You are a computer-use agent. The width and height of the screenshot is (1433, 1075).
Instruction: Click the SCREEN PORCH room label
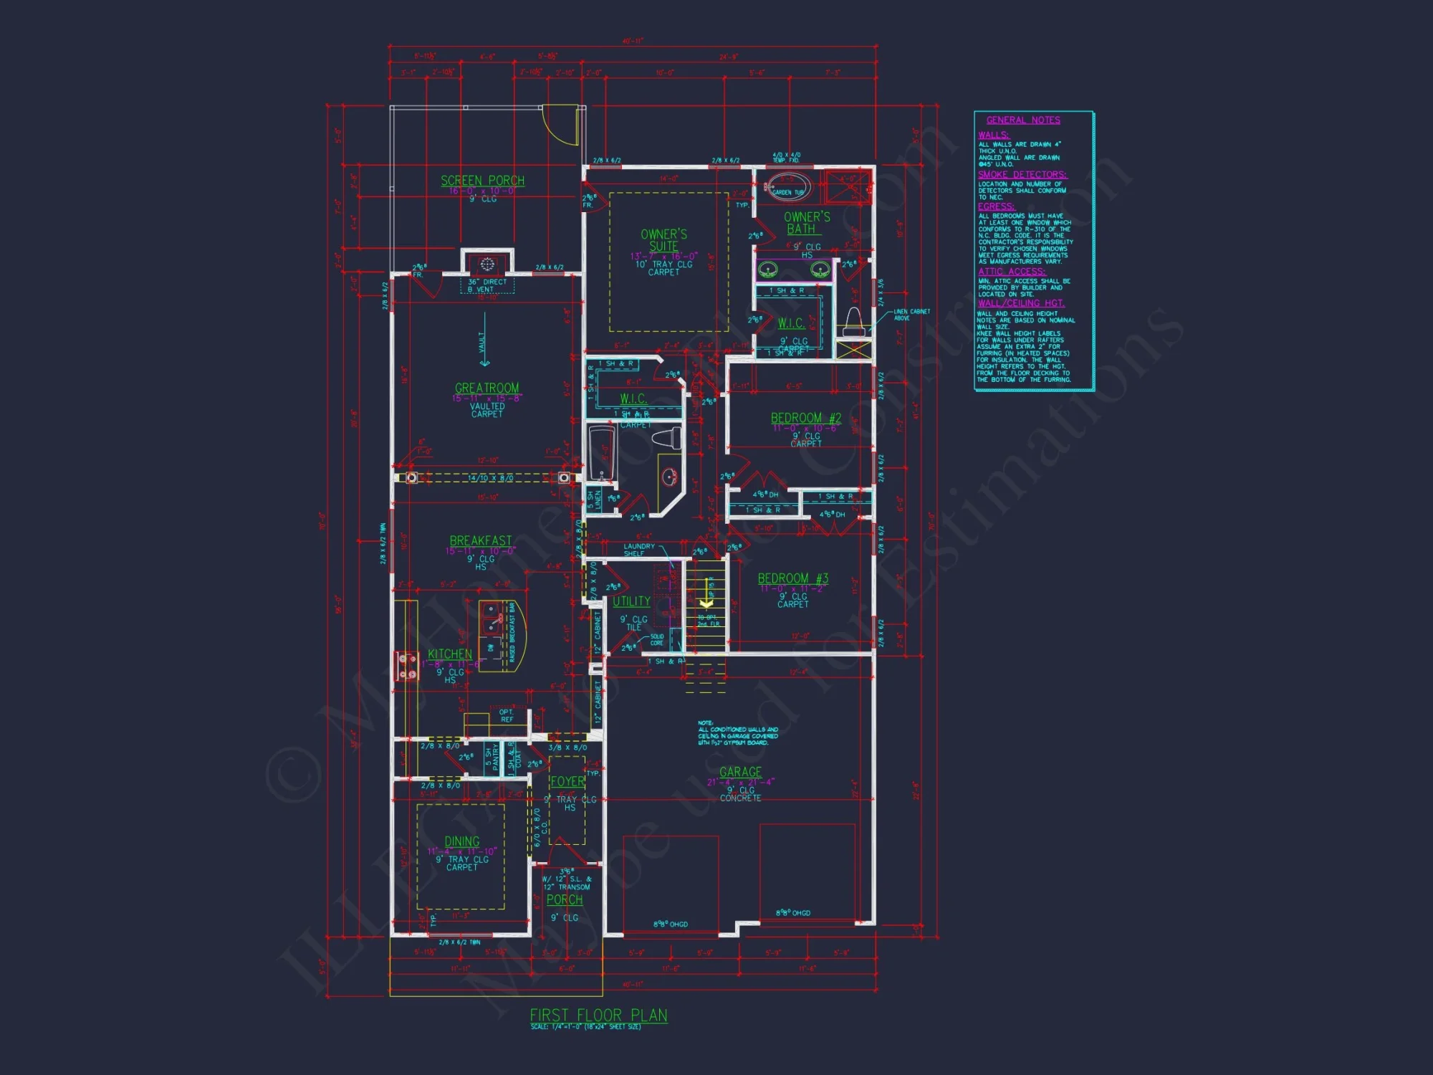482,181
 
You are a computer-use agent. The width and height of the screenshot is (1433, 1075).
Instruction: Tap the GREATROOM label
487,388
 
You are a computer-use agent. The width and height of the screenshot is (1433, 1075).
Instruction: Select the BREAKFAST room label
480,540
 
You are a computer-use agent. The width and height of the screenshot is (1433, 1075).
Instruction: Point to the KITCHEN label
449,654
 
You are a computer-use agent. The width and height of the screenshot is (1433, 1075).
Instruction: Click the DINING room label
461,841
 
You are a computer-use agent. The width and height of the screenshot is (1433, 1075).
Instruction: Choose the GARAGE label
740,772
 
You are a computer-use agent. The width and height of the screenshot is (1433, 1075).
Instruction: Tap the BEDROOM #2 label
805,418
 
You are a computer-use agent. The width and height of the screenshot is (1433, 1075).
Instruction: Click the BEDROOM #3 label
792,578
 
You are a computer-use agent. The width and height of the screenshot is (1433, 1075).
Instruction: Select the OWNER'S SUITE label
663,240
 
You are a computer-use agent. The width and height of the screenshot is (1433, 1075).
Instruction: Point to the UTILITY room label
631,601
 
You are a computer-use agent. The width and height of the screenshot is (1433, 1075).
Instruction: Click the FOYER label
567,781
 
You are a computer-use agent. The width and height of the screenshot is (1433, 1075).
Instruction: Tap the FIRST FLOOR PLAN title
598,1015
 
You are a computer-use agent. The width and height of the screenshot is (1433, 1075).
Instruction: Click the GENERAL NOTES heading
1022,120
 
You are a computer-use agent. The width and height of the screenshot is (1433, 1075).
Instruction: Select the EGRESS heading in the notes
996,206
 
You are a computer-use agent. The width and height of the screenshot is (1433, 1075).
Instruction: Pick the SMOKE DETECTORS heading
1022,175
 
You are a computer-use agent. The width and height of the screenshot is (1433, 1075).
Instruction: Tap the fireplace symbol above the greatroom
487,264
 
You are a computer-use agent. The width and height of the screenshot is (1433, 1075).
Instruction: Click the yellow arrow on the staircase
706,603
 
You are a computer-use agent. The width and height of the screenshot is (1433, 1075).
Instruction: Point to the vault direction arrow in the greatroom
484,340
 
